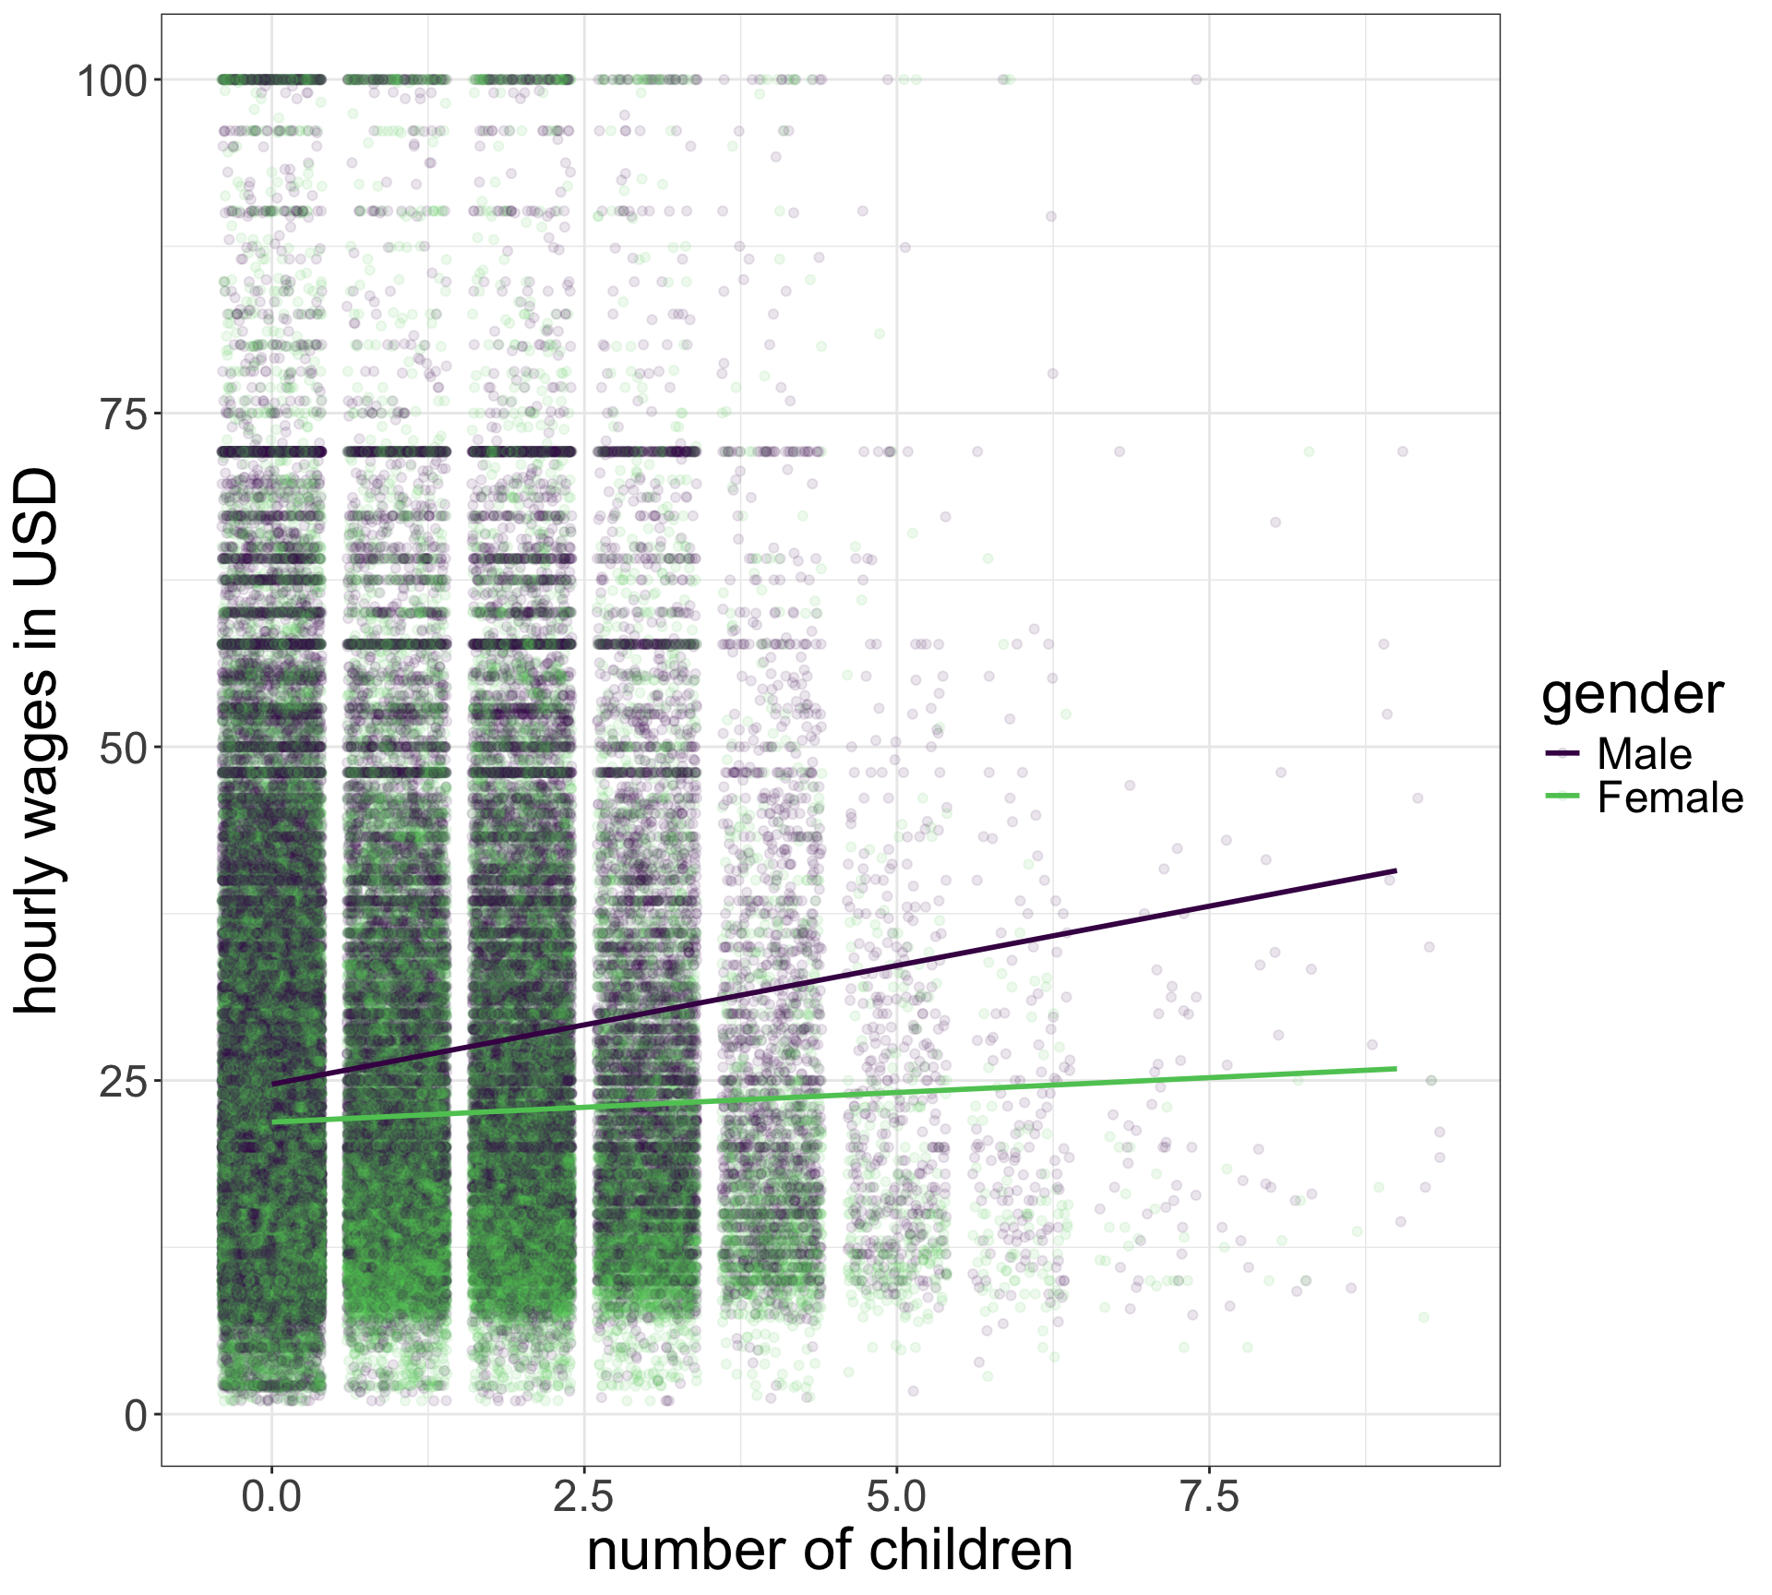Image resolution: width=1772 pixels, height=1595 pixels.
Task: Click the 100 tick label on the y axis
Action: [x=113, y=81]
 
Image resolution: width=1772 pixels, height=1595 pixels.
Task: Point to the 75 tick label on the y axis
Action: [x=125, y=414]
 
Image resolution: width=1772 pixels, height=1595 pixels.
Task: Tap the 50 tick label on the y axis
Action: [x=125, y=749]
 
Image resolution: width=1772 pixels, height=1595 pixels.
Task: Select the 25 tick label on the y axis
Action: [x=125, y=1082]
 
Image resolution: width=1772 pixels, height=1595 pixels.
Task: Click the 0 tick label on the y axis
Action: [x=137, y=1415]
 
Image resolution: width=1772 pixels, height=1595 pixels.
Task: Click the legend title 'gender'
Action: [x=1632, y=694]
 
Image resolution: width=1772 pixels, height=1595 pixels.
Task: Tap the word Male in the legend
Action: [x=1644, y=754]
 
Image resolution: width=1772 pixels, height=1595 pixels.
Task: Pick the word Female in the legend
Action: [x=1670, y=797]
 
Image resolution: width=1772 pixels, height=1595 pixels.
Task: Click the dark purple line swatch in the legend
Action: [x=1562, y=754]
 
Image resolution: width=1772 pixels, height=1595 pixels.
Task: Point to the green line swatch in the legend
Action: [x=1562, y=797]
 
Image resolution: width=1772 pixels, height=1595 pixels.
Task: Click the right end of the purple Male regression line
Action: [x=1395, y=870]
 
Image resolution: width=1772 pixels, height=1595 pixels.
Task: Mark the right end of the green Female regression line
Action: [x=1395, y=1068]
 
